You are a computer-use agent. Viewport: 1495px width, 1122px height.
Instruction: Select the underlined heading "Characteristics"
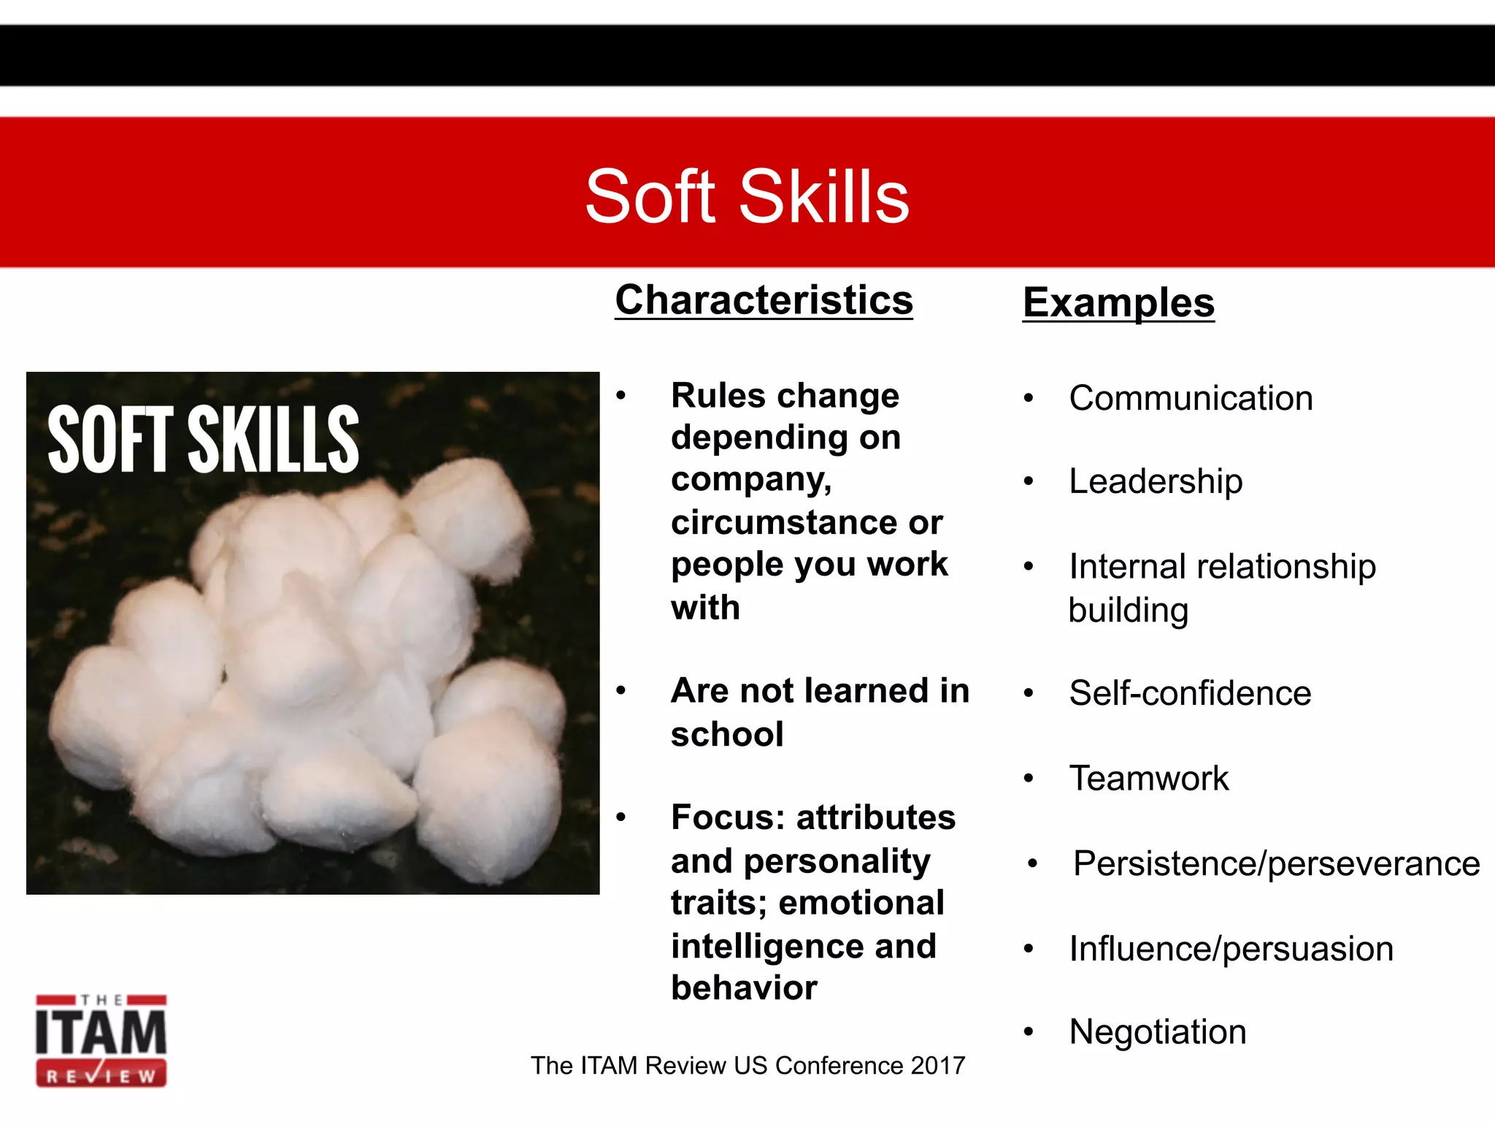pyautogui.click(x=764, y=300)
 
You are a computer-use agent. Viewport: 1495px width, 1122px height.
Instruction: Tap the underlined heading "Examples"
pyautogui.click(x=1118, y=302)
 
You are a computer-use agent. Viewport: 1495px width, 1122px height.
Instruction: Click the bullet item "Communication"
pyautogui.click(x=1191, y=398)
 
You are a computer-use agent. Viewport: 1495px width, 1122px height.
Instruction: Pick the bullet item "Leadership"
pyautogui.click(x=1156, y=481)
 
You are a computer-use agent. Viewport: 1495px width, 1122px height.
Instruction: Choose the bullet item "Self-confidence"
pyautogui.click(x=1190, y=692)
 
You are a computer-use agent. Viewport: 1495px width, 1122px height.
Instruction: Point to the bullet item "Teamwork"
pyautogui.click(x=1149, y=778)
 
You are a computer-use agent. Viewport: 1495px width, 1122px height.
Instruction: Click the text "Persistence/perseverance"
pyautogui.click(x=1276, y=863)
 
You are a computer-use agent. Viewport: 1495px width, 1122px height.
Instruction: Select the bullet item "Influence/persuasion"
pyautogui.click(x=1231, y=949)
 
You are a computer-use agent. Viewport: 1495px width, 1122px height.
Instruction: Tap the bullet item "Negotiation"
pyautogui.click(x=1158, y=1032)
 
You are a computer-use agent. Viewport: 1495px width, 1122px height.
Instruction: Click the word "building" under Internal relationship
pyautogui.click(x=1129, y=610)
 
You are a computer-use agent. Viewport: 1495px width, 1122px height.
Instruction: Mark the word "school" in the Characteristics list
pyautogui.click(x=727, y=734)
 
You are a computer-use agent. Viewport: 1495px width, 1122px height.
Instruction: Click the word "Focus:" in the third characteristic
pyautogui.click(x=727, y=817)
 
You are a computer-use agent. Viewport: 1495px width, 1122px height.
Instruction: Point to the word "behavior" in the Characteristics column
pyautogui.click(x=744, y=988)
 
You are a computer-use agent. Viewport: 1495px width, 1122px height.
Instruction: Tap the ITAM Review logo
pyautogui.click(x=101, y=1040)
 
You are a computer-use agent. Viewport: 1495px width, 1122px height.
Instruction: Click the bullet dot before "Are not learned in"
pyautogui.click(x=621, y=691)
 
